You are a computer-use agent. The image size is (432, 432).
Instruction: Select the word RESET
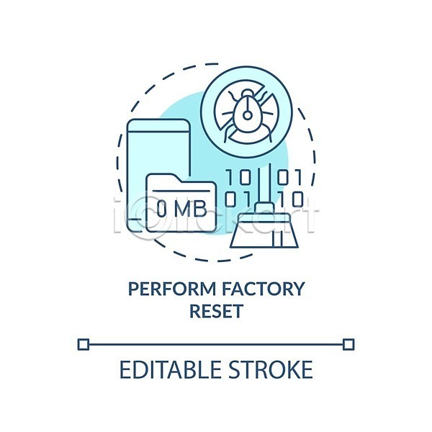pyautogui.click(x=216, y=312)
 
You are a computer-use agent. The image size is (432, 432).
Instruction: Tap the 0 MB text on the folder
pyautogui.click(x=181, y=209)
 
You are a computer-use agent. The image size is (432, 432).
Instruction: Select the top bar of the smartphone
pyautogui.click(x=158, y=127)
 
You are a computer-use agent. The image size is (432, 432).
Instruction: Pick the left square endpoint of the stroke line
pyautogui.click(x=83, y=344)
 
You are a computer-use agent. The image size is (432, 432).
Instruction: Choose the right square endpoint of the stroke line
pyautogui.click(x=348, y=344)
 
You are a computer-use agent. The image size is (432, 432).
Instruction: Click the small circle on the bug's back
pyautogui.click(x=246, y=113)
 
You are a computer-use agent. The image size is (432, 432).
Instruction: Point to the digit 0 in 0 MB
pyautogui.click(x=162, y=209)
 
